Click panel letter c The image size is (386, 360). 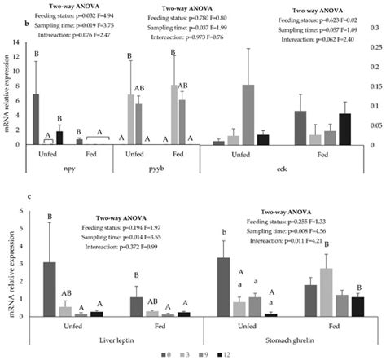(6, 195)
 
